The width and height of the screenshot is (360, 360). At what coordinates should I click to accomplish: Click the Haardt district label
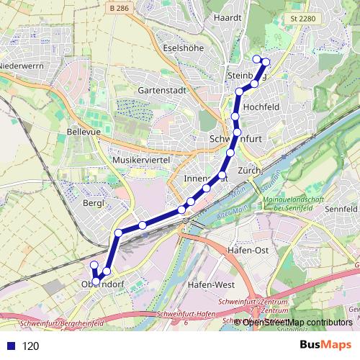click(226, 17)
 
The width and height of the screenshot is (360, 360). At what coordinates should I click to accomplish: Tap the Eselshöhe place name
click(183, 48)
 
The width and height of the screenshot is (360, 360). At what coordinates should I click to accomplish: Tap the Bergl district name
click(94, 204)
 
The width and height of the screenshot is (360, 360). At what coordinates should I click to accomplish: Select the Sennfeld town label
click(341, 209)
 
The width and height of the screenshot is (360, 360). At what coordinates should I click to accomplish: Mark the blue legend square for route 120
click(9, 346)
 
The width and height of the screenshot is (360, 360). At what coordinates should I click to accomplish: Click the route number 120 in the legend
click(30, 346)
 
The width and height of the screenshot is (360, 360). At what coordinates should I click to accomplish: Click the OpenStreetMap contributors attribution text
click(297, 322)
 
